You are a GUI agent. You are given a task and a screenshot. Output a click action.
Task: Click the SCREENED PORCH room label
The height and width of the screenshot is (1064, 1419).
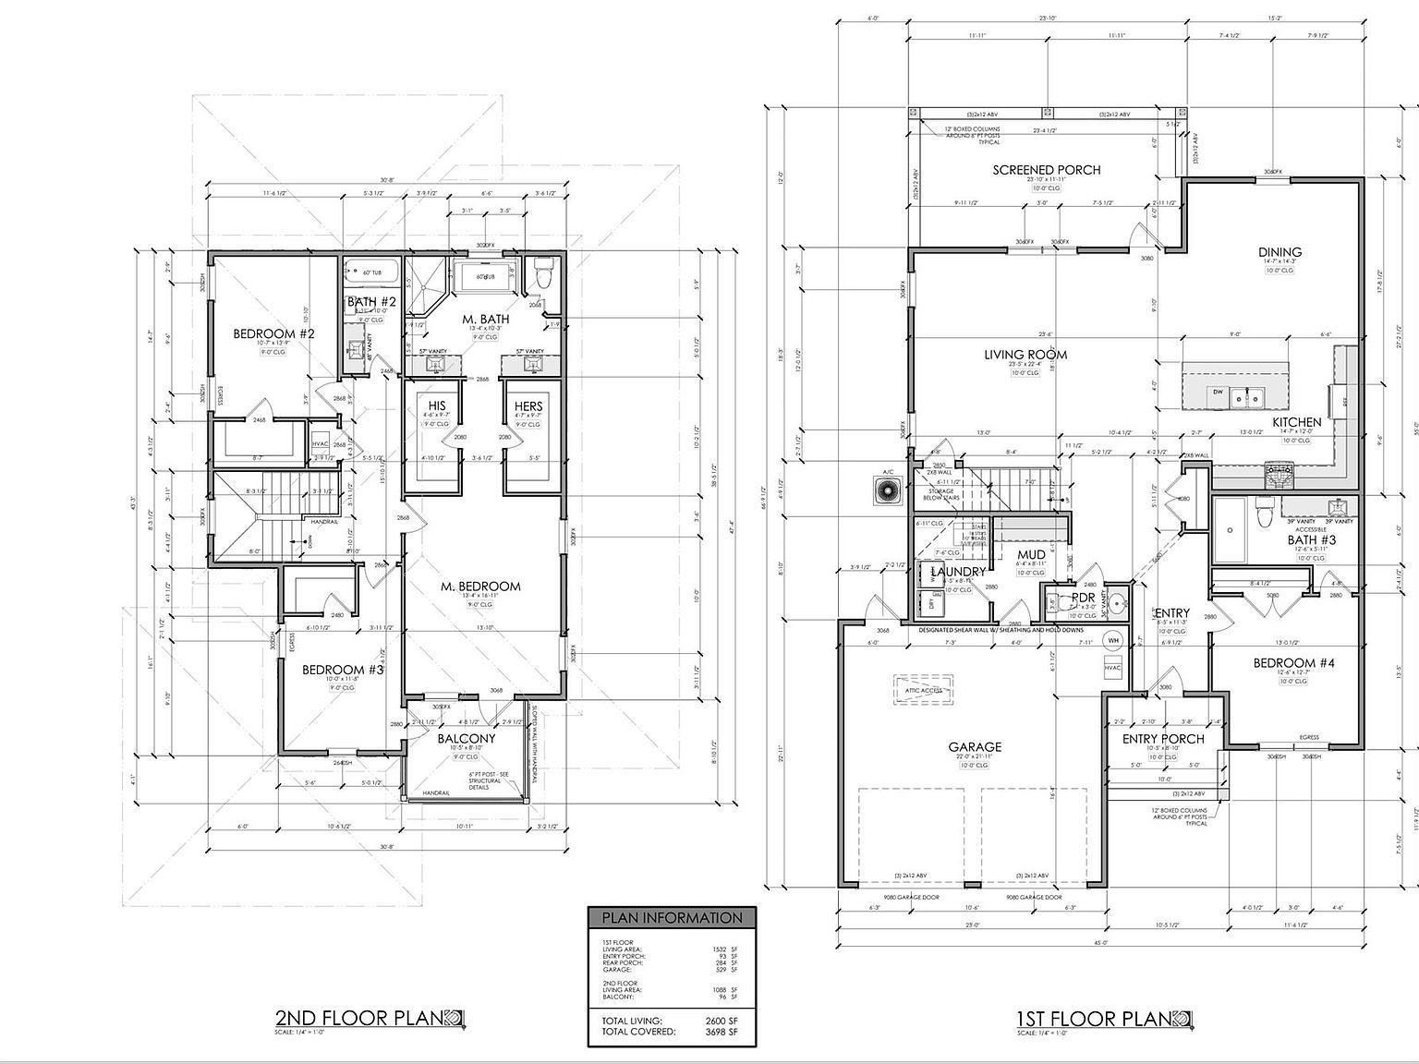(x=1046, y=170)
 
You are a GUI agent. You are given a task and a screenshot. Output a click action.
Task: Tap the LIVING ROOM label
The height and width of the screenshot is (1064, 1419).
(x=1025, y=354)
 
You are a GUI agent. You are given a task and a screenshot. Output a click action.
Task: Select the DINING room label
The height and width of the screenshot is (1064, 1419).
(x=1280, y=252)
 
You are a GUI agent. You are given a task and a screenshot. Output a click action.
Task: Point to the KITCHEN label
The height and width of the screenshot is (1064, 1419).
(x=1297, y=422)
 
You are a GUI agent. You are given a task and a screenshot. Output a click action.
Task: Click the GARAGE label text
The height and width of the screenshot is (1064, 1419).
(x=974, y=747)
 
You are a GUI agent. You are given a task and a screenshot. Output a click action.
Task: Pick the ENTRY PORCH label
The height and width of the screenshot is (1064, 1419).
(x=1163, y=739)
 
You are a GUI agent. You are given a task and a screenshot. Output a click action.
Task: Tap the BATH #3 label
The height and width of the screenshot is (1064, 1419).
(x=1312, y=540)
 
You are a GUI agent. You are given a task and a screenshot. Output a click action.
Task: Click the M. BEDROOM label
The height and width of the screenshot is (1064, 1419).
(x=480, y=586)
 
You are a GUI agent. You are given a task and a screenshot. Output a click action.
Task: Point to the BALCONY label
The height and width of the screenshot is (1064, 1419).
(x=467, y=739)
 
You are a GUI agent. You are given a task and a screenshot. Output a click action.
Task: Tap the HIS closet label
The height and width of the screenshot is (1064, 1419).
(x=437, y=406)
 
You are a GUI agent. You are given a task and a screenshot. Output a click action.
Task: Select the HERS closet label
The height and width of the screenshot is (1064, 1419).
(x=528, y=406)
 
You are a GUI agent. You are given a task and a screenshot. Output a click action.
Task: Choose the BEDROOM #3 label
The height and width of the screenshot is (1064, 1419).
(x=343, y=670)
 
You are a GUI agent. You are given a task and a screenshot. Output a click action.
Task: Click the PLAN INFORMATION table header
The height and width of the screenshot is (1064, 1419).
(x=672, y=918)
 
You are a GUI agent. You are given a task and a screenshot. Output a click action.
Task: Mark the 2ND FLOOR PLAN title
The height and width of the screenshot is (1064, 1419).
(x=360, y=1018)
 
